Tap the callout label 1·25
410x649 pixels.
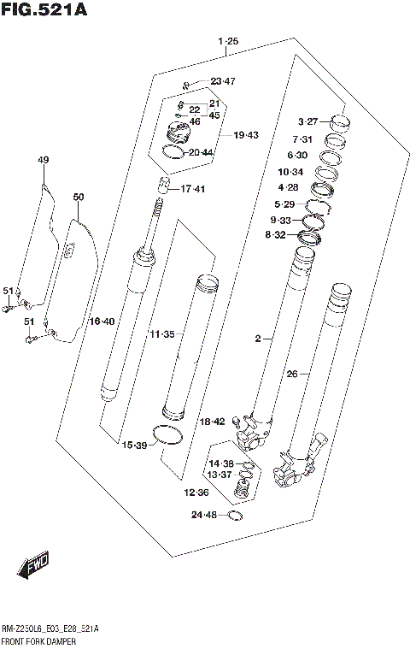(x=228, y=41)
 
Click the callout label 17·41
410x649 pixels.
(x=193, y=189)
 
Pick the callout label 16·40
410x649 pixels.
(x=102, y=322)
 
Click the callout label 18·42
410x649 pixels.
(x=212, y=422)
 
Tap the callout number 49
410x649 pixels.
(x=44, y=160)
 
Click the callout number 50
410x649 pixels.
(x=79, y=198)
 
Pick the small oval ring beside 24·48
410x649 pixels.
(x=236, y=516)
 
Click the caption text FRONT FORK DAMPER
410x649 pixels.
(x=39, y=640)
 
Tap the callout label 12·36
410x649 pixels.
(x=197, y=493)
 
